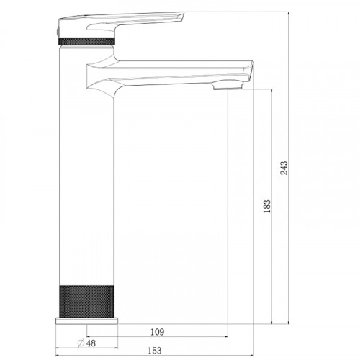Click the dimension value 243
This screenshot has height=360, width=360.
[284, 168]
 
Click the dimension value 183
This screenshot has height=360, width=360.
[267, 206]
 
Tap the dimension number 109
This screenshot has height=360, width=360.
[158, 332]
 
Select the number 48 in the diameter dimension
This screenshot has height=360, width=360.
[91, 343]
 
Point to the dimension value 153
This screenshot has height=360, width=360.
[155, 351]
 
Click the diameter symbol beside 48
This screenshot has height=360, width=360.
[81, 343]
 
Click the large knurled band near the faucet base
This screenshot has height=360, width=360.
[86, 302]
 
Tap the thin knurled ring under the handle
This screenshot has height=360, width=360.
[86, 41]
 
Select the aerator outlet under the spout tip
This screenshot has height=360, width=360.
[228, 86]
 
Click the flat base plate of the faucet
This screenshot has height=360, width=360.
[86, 321]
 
